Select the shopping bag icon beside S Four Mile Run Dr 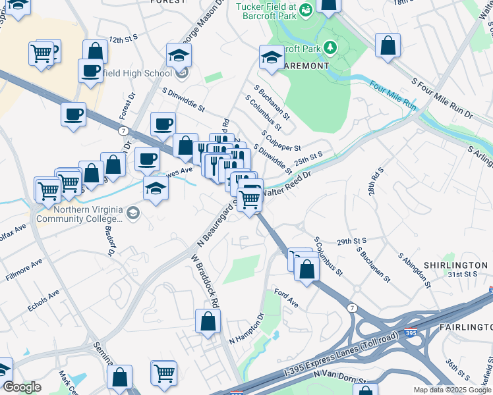[x=388, y=46]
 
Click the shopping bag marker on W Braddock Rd [x=208, y=321]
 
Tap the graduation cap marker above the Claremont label [x=270, y=57]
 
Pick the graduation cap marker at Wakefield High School [x=179, y=56]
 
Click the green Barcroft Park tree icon [x=328, y=48]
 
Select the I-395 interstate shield [x=411, y=334]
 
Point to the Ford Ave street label [x=286, y=299]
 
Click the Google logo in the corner [x=22, y=387]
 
